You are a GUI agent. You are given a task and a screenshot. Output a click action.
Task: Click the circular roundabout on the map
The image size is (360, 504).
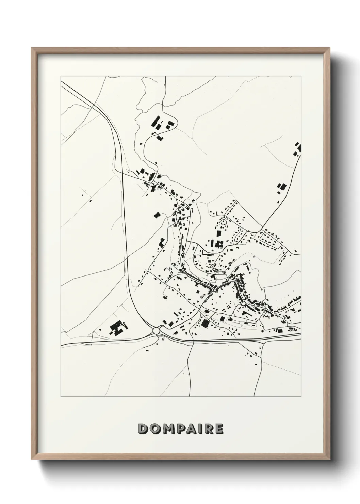tap(156, 330)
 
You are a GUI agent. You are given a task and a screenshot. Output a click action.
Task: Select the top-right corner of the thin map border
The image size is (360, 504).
tap(301, 76)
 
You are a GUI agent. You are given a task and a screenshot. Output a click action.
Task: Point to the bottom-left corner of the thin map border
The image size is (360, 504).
tap(61, 397)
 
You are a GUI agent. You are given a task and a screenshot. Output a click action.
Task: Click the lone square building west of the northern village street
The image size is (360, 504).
tap(157, 215)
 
